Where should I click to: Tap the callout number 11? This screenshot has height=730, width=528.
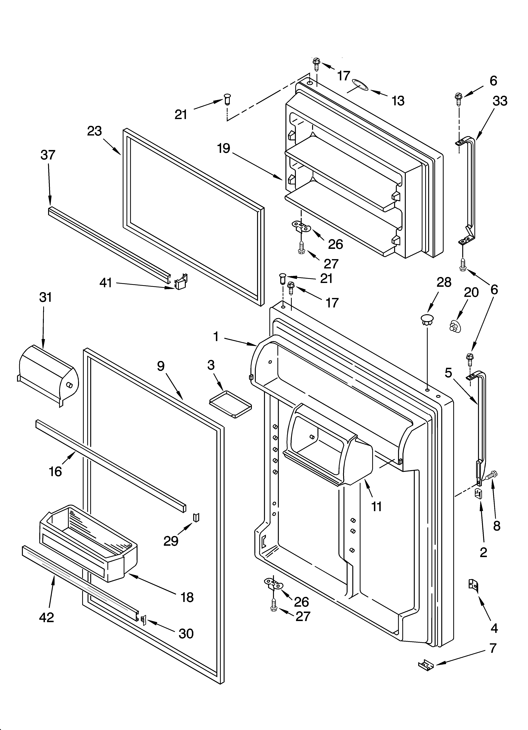click(x=376, y=507)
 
